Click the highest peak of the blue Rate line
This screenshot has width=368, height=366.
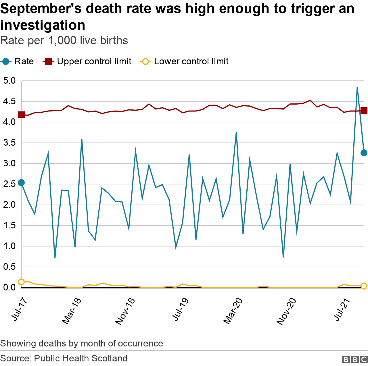click(357, 87)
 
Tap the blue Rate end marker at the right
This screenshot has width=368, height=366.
click(364, 153)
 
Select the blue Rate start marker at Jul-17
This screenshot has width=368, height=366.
click(21, 183)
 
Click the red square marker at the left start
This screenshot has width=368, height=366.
click(21, 115)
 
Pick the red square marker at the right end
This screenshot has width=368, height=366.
click(364, 111)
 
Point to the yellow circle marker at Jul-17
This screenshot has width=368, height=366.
click(21, 282)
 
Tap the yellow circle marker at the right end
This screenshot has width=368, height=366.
click(364, 286)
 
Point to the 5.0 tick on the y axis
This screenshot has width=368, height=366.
click(9, 81)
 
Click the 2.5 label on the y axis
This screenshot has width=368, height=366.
click(9, 184)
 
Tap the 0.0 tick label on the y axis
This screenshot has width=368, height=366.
click(9, 288)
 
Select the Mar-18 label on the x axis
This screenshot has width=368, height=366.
click(72, 311)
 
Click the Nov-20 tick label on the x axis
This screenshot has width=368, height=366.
click(286, 311)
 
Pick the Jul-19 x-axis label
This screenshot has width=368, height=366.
click(181, 309)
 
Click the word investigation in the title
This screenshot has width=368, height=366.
click(43, 25)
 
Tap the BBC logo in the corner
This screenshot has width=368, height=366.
click(355, 359)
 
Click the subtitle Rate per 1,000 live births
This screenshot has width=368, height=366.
click(64, 41)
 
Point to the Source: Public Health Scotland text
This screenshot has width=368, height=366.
click(64, 358)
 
